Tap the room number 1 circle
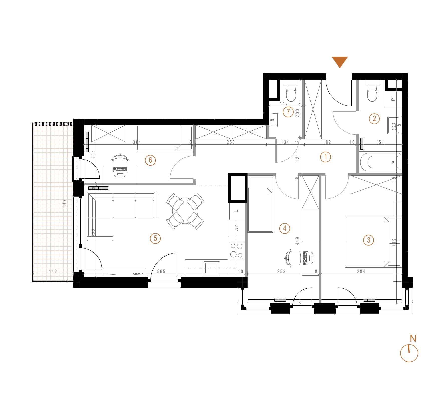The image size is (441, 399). (x=326, y=157)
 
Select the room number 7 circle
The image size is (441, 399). (x=288, y=112)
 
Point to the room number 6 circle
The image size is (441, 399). (x=150, y=160)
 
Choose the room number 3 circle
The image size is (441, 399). (x=368, y=240)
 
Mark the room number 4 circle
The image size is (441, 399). (x=285, y=228)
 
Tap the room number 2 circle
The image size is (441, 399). (x=374, y=118)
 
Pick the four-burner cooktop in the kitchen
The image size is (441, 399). (x=236, y=250)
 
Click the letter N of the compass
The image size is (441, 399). (x=413, y=339)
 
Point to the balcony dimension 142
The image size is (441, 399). (x=53, y=271)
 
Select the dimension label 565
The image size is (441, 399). (x=161, y=271)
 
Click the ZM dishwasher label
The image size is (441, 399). (x=236, y=228)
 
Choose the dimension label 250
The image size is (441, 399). (x=231, y=142)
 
